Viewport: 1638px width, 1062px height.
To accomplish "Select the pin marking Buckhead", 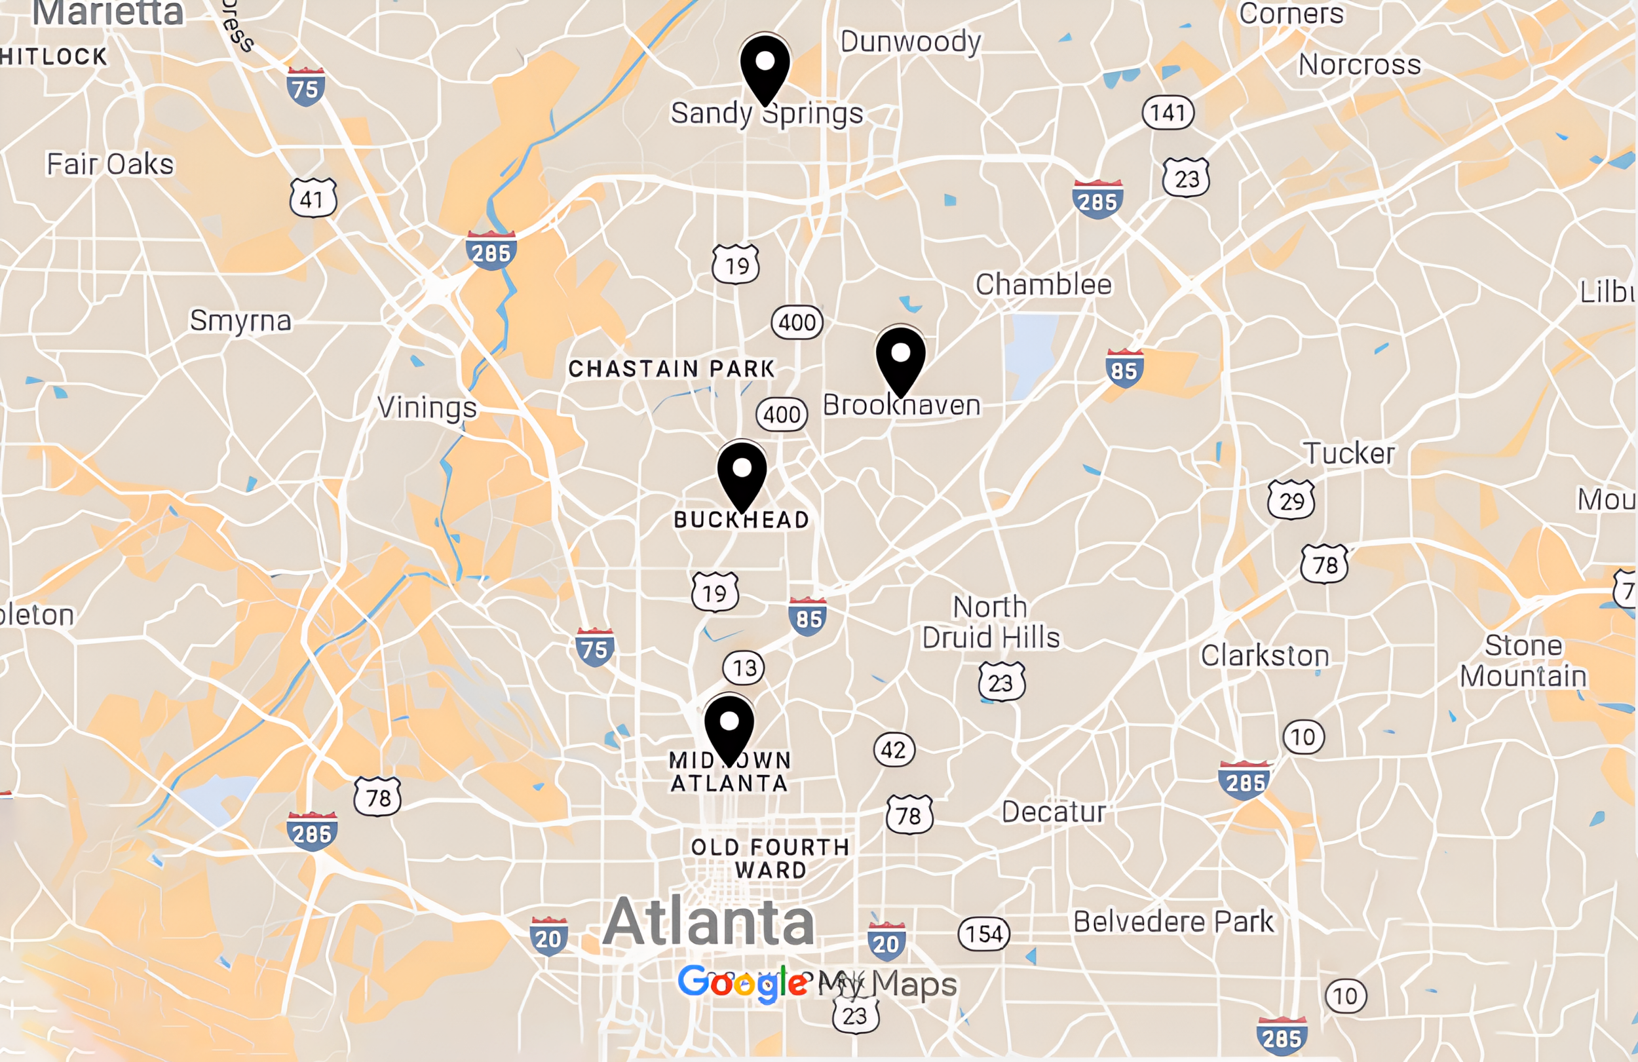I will tap(742, 474).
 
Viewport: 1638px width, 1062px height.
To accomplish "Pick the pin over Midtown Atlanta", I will tap(729, 727).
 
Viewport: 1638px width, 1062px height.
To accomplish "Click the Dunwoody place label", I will tap(910, 42).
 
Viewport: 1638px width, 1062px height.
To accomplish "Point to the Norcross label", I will tap(1360, 65).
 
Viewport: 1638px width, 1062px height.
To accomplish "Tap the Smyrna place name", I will tap(240, 321).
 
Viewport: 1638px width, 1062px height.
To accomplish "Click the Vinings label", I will tap(427, 408).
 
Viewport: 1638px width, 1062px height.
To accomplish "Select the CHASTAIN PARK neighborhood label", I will tap(671, 369).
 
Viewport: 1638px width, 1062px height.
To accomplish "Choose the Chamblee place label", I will tap(1043, 284).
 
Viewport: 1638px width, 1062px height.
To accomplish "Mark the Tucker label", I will tap(1349, 453).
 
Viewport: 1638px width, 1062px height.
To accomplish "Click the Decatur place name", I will tap(1053, 812).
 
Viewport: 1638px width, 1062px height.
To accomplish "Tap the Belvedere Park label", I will tap(1173, 922).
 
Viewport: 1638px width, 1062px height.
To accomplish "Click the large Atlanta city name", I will tap(709, 922).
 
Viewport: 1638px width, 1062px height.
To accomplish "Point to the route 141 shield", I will tap(1168, 112).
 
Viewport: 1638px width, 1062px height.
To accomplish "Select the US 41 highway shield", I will tap(313, 199).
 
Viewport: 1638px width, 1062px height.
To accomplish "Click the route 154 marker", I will tap(984, 934).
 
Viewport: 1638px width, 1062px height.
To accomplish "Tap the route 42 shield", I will tap(893, 749).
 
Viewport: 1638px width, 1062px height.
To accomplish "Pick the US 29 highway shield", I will tap(1291, 501).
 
